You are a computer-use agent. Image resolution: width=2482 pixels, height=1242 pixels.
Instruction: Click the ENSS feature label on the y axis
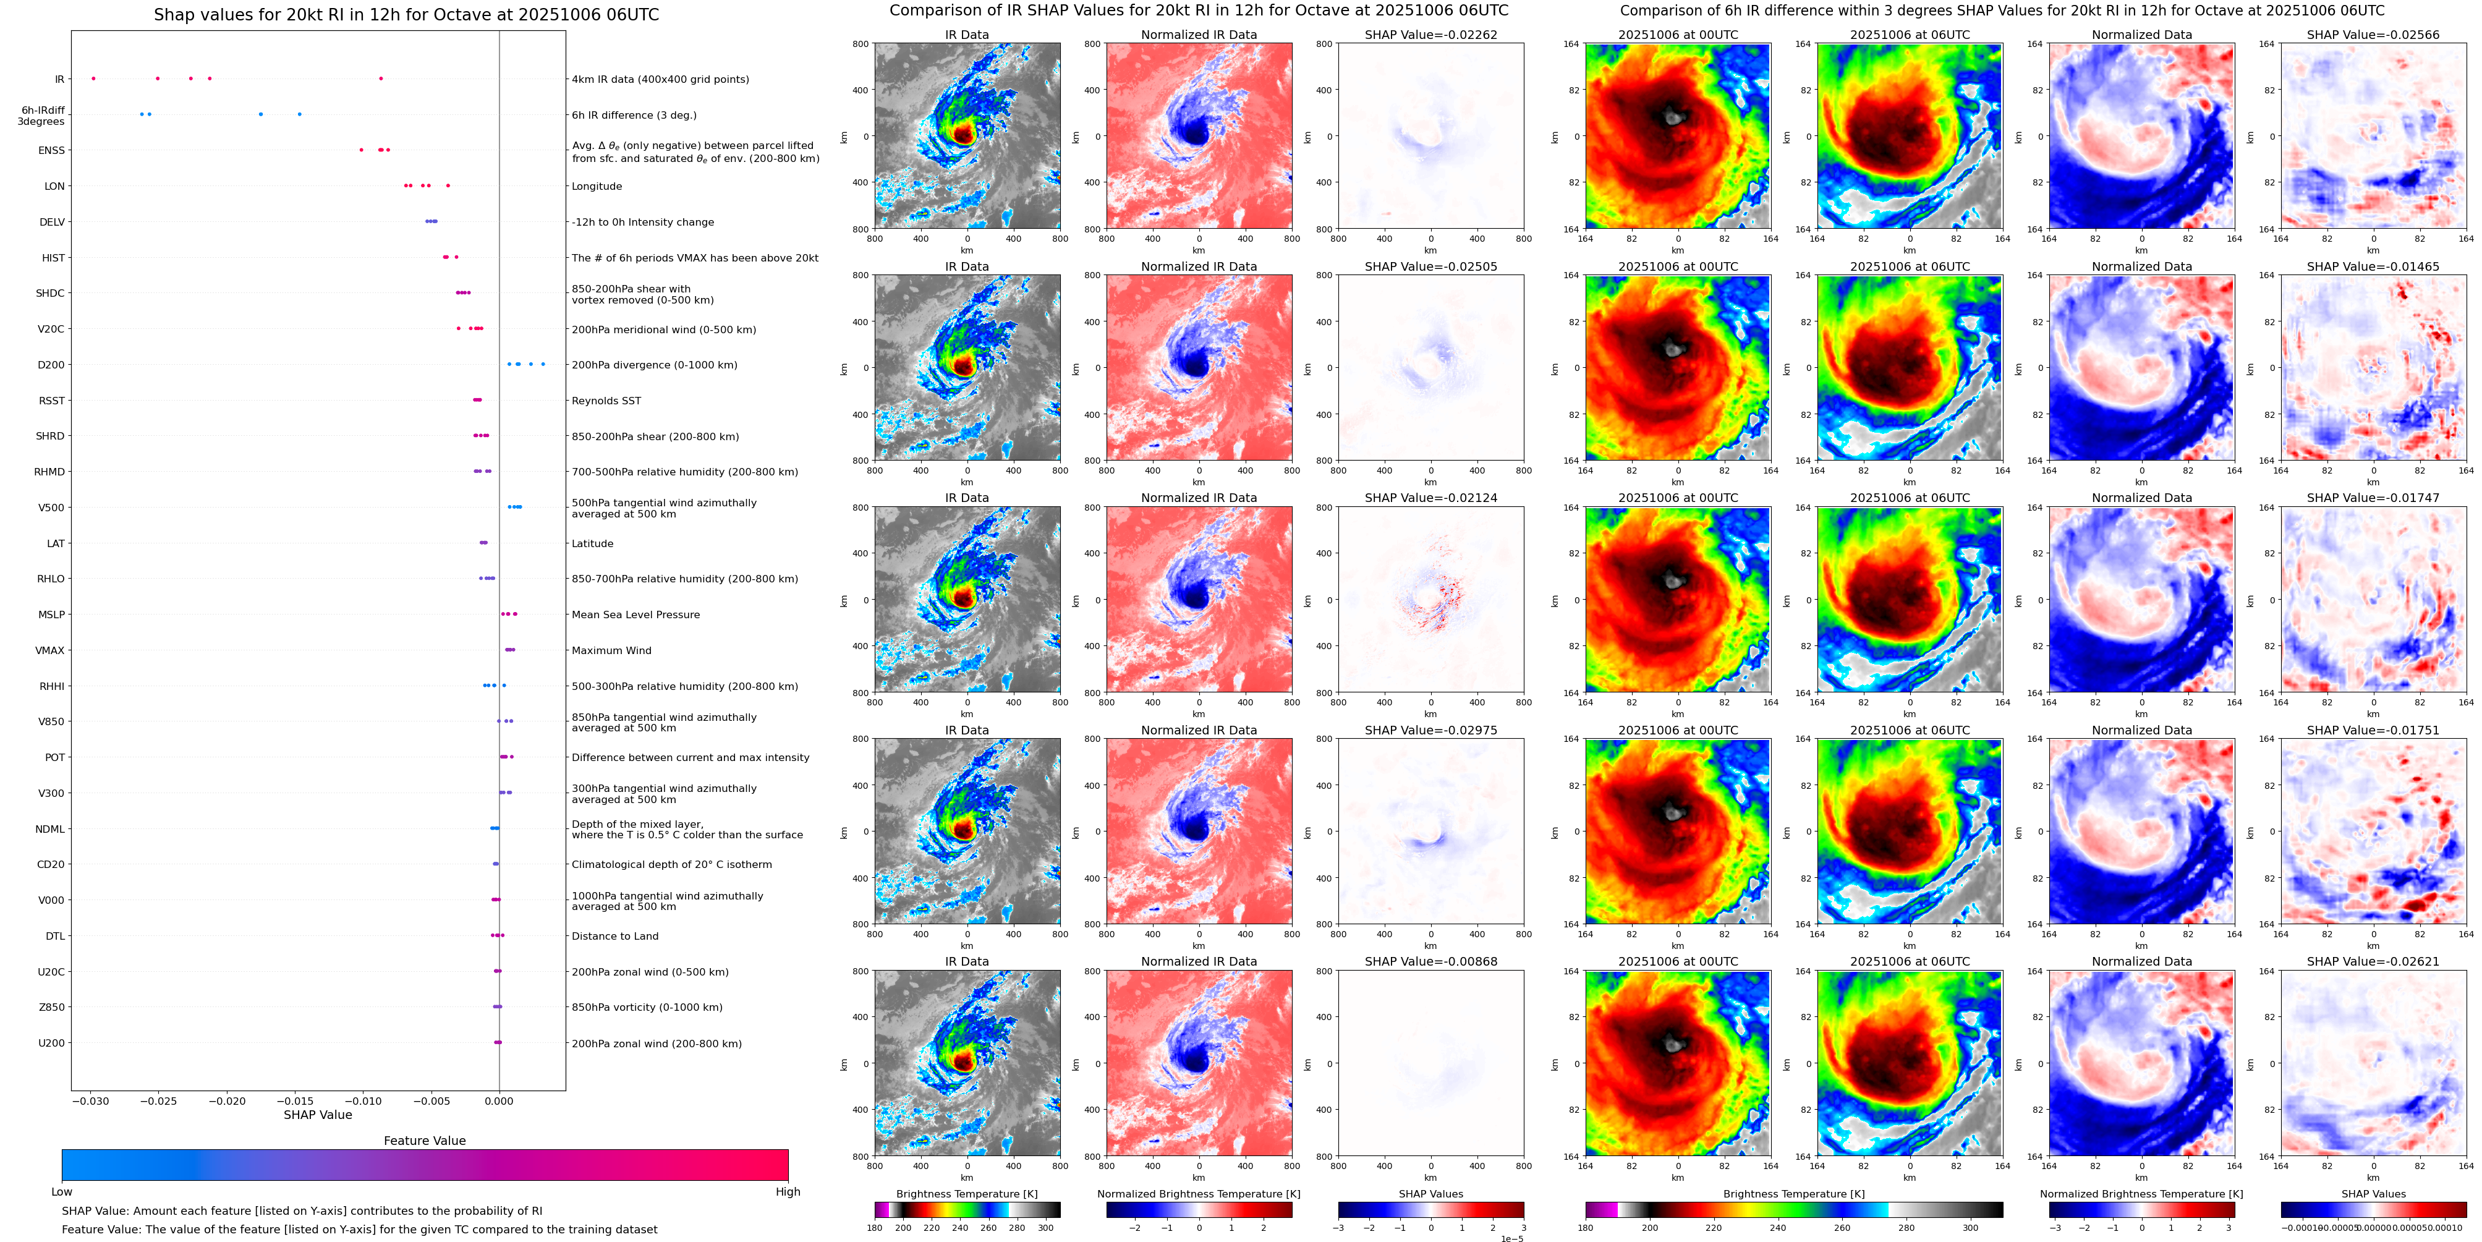click(51, 150)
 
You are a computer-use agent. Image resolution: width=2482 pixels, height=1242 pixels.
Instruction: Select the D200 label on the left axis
click(51, 365)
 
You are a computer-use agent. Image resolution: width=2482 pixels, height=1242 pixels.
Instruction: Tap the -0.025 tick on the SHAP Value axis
click(160, 1101)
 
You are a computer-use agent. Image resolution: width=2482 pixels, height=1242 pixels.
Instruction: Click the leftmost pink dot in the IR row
click(93, 78)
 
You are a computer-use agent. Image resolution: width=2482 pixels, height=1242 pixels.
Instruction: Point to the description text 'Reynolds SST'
click(606, 401)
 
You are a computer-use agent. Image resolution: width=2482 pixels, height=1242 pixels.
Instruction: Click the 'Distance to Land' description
click(614, 937)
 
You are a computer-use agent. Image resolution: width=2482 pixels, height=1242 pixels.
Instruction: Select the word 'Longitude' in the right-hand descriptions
click(597, 187)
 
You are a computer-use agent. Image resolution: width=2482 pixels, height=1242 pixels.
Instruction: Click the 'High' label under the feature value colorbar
click(787, 1192)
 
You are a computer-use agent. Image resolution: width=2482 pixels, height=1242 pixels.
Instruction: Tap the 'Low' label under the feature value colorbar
click(62, 1192)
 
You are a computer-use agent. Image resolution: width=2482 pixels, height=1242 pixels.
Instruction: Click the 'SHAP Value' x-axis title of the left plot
click(318, 1115)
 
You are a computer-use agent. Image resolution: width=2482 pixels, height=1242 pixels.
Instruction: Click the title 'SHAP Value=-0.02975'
click(1431, 730)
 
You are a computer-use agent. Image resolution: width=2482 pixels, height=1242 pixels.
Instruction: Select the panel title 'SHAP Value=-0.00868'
click(1431, 961)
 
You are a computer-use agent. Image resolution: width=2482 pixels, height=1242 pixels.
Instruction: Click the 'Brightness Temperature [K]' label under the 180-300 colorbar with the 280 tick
click(966, 1194)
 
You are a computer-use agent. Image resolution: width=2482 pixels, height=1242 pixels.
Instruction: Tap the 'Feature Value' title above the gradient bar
click(424, 1141)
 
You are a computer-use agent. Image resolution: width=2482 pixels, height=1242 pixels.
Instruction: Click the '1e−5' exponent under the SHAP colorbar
click(1511, 1238)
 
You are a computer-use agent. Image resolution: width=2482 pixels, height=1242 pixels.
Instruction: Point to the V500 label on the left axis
click(51, 508)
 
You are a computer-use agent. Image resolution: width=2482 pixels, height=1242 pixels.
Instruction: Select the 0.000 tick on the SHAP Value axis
click(499, 1101)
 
